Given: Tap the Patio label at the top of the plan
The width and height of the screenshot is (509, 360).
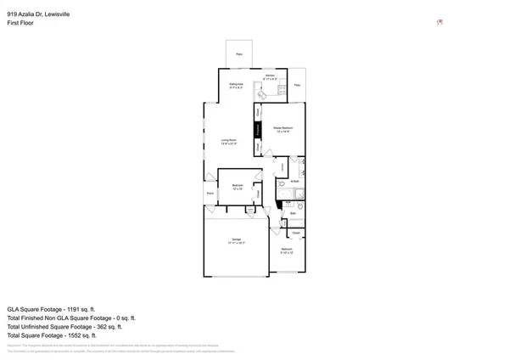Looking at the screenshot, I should click(239, 52).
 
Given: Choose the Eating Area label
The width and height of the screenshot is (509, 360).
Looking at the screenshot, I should click(238, 85).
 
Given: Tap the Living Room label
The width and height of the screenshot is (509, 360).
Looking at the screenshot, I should click(228, 141).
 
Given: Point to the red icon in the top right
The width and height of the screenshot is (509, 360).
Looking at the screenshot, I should click(439, 22).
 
